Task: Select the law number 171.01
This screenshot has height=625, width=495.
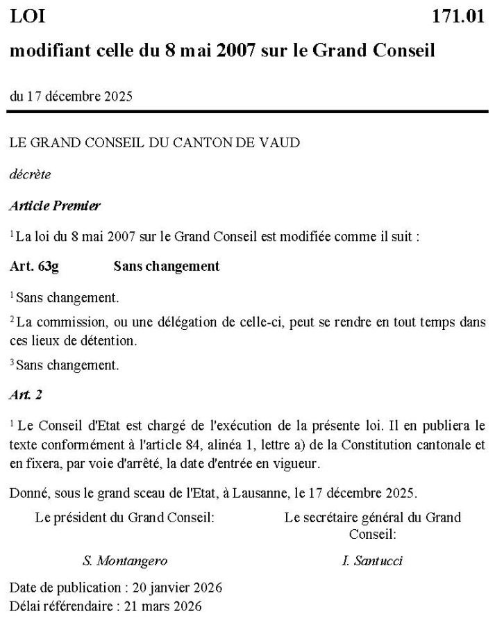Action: [x=458, y=17]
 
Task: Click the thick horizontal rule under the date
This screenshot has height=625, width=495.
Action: [x=247, y=111]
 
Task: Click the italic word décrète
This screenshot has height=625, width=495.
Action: [x=30, y=174]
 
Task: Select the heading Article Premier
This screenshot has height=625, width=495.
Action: [x=55, y=206]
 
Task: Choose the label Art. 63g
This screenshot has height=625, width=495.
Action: [x=34, y=266]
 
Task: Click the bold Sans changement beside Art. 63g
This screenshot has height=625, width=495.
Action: [x=167, y=266]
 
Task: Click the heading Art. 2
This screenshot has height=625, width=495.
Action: [x=26, y=394]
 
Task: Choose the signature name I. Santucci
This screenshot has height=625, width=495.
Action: [x=372, y=561]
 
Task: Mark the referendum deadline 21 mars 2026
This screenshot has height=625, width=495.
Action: [x=162, y=606]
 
